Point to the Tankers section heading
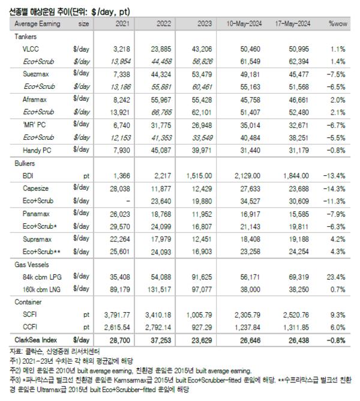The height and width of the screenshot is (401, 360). point(25,36)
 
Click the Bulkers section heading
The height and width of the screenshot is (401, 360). point(25,163)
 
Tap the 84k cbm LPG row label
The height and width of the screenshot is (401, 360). point(42,278)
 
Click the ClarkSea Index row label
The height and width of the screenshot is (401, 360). point(37,340)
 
